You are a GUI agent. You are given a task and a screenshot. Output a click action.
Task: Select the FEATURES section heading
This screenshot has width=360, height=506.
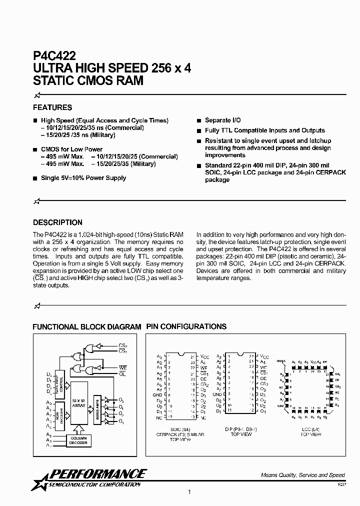pyautogui.click(x=52, y=107)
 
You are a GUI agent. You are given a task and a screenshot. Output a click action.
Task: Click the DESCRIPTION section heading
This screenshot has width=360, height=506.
pyautogui.click(x=57, y=222)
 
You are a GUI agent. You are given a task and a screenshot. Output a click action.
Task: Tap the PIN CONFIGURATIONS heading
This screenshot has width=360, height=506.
pyautogui.click(x=186, y=326)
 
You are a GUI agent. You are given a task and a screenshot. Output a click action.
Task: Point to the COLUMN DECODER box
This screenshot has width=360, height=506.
pyautogui.click(x=78, y=440)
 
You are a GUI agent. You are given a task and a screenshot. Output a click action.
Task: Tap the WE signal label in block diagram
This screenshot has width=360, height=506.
pyautogui.click(x=122, y=367)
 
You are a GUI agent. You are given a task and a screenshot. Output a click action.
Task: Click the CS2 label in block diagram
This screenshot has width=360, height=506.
pyautogui.click(x=123, y=344)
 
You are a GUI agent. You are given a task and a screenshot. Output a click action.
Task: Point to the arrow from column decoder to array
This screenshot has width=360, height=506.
pyautogui.click(x=78, y=429)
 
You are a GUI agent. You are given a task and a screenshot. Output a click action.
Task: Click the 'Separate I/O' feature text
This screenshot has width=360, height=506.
pyautogui.click(x=218, y=120)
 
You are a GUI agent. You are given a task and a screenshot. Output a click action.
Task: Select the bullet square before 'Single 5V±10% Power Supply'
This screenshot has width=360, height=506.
pyautogui.click(x=35, y=178)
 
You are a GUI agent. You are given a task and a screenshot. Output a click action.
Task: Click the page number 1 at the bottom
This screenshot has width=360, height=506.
pyautogui.click(x=189, y=492)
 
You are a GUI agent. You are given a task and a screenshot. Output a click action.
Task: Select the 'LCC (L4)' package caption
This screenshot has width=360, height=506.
pyautogui.click(x=310, y=429)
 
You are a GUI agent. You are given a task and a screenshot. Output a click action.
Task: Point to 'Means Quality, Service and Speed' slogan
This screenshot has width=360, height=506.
pyautogui.click(x=303, y=475)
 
